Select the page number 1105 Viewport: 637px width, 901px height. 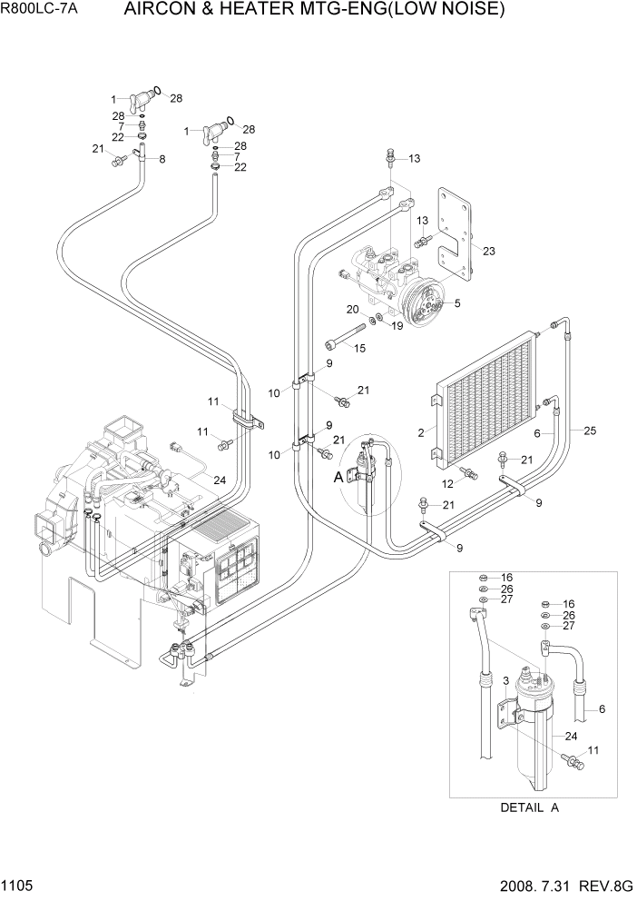18,885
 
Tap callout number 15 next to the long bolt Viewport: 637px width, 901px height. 359,348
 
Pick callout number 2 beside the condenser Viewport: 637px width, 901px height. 421,433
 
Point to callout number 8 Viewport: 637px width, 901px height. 162,160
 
